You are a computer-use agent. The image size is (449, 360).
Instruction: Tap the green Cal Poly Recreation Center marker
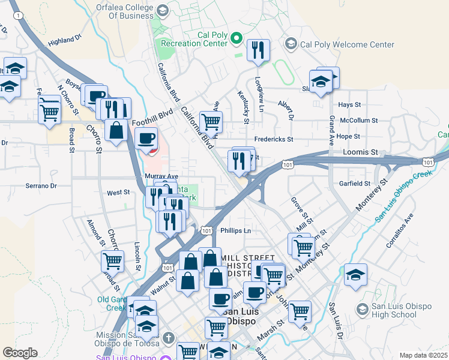(236, 40)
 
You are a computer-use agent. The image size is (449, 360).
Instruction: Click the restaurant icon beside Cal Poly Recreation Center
(258, 50)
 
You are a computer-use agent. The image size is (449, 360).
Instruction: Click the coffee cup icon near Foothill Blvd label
(146, 139)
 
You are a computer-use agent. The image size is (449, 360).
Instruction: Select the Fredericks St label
(273, 139)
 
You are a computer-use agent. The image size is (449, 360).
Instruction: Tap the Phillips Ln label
(235, 230)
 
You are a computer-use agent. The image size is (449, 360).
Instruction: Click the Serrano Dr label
(41, 186)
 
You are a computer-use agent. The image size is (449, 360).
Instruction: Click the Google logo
(20, 353)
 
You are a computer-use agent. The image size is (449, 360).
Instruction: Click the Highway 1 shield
(20, 14)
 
